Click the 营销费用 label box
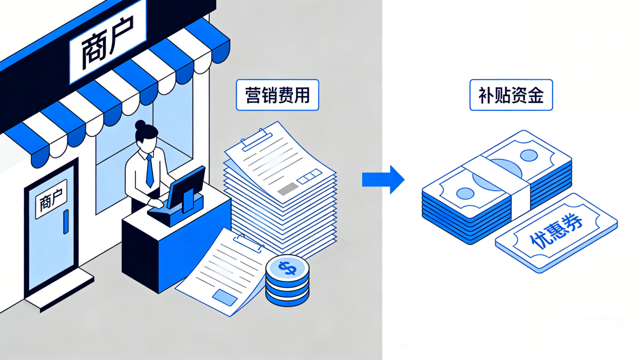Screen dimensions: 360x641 277,95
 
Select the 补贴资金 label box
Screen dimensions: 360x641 511,95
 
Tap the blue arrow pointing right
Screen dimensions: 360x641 383,179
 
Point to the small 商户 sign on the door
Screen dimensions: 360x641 51,199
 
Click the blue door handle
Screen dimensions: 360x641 66,222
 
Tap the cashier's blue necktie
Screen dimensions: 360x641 149,171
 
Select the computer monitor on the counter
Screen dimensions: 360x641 186,188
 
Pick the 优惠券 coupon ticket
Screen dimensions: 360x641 556,233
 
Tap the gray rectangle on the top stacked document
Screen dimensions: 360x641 288,188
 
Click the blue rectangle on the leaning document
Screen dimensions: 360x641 224,297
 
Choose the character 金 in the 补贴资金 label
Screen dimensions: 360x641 536,95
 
